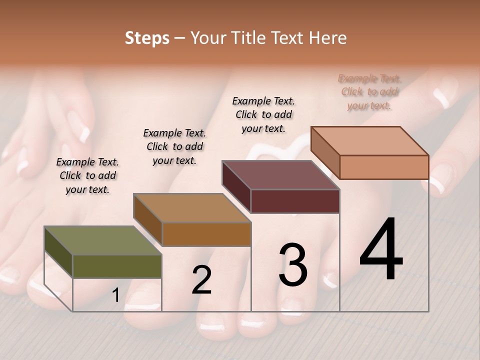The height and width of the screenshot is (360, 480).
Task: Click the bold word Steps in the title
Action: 147,38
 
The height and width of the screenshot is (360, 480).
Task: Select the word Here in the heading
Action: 328,38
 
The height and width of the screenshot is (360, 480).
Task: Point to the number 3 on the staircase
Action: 293,264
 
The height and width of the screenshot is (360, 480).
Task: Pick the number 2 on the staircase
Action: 201,280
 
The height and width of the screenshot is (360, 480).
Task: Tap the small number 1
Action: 116,295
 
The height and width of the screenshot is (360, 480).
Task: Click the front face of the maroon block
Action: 295,201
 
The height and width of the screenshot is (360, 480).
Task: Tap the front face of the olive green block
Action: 117,266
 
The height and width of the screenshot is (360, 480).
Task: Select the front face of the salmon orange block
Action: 384,166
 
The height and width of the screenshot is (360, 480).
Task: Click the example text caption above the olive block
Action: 87,175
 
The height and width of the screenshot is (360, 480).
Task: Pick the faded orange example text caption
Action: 369,92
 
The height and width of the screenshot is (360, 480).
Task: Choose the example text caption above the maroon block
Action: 263,114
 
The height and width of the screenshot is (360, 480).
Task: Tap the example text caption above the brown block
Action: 174,146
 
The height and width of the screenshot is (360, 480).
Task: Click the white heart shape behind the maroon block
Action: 280,150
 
